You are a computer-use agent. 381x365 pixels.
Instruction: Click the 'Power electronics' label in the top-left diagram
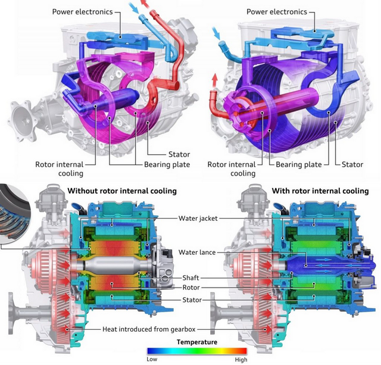pyautogui.click(x=82, y=12)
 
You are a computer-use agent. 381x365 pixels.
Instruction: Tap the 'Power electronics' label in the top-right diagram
pyautogui.click(x=277, y=12)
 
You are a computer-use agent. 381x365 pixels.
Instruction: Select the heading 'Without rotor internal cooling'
pyautogui.click(x=122, y=191)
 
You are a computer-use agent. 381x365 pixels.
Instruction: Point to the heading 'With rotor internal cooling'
pyautogui.click(x=320, y=191)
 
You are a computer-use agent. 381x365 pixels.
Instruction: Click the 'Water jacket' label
pyautogui.click(x=198, y=218)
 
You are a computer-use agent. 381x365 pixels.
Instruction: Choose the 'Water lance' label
pyautogui.click(x=197, y=252)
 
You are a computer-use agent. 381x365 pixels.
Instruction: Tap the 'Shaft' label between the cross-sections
pyautogui.click(x=190, y=277)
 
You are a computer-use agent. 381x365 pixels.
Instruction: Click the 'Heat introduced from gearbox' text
pyautogui.click(x=149, y=329)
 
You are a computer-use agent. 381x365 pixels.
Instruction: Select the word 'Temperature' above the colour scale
pyautogui.click(x=197, y=342)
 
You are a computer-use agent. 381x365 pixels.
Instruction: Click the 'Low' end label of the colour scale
pyautogui.click(x=152, y=359)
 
